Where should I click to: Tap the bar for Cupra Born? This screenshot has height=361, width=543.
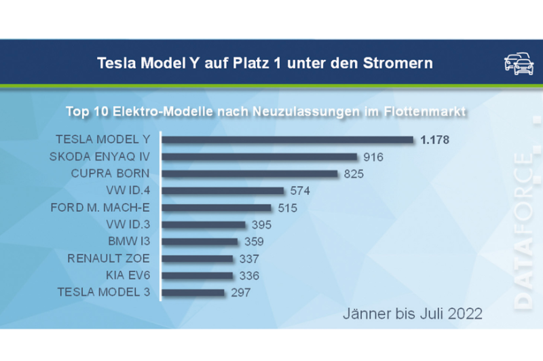(x=250, y=174)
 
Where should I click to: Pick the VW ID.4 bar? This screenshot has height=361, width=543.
(x=223, y=191)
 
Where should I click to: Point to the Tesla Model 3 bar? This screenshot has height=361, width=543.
(x=193, y=292)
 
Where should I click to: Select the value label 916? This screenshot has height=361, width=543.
(x=373, y=157)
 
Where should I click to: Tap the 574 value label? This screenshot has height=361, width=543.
(x=299, y=191)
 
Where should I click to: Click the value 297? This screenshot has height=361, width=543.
(x=240, y=293)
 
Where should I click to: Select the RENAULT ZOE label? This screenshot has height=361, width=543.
(x=109, y=259)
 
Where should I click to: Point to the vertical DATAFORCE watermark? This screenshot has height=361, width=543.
(x=523, y=231)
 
